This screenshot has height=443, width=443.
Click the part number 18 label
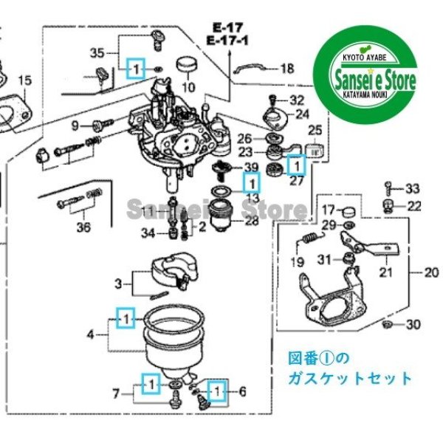tap(286, 69)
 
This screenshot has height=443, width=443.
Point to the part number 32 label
tap(296, 100)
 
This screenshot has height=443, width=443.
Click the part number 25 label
tap(315, 131)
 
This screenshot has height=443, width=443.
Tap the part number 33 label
tap(412, 188)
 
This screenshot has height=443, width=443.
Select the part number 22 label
tap(414, 205)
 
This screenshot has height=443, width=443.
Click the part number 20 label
tap(431, 272)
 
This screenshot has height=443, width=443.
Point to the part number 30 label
tap(413, 325)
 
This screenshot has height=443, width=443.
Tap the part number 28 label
tap(252, 221)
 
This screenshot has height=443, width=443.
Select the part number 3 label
tap(117, 282)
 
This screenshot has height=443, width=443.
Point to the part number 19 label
tap(297, 262)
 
